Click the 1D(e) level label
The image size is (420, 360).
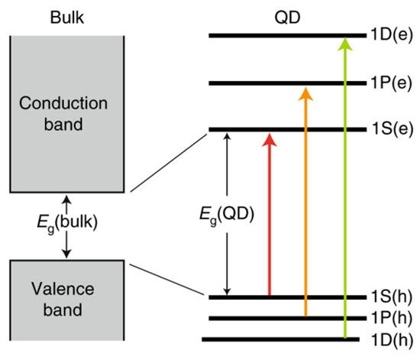coord(391,35)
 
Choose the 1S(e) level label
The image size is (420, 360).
coord(391,128)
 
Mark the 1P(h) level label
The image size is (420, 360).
coord(391,317)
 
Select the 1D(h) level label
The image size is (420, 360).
coord(391,339)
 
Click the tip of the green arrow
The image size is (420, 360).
coord(345,38)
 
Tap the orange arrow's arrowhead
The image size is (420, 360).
coord(305,92)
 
